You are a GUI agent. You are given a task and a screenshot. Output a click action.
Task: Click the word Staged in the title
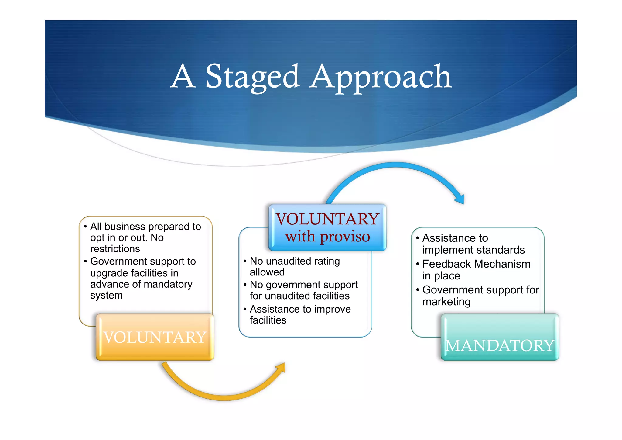[253, 77]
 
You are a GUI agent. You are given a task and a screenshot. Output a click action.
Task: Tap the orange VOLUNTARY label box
[155, 337]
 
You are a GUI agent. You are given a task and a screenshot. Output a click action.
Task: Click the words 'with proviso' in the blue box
[327, 237]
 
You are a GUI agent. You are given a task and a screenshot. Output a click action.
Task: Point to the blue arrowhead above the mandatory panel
[460, 199]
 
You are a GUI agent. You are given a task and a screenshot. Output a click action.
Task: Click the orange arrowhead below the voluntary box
[281, 368]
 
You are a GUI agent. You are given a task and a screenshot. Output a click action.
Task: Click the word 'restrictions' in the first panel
[115, 249]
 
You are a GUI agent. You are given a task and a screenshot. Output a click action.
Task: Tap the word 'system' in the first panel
[106, 295]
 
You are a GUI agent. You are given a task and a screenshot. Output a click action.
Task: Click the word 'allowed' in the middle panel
[267, 272]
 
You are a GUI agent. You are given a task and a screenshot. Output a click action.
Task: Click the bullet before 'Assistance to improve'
[245, 309]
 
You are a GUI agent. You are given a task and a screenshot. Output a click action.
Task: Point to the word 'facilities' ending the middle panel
[268, 320]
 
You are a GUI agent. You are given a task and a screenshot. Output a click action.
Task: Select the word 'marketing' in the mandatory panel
[446, 302]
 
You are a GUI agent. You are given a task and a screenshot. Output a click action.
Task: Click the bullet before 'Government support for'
[418, 290]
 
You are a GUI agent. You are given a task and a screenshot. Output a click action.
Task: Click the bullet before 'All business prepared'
[85, 227]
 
